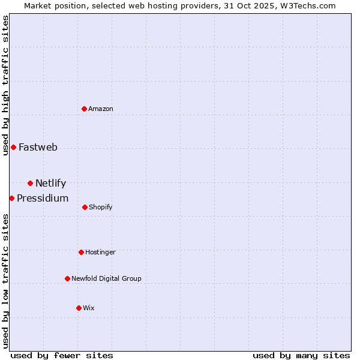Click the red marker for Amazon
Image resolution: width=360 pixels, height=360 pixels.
pyautogui.click(x=85, y=109)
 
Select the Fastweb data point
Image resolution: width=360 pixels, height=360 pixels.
pyautogui.click(x=13, y=147)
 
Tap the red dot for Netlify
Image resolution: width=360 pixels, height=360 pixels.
pyautogui.click(x=30, y=183)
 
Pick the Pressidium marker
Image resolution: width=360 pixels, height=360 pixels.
pyautogui.click(x=11, y=198)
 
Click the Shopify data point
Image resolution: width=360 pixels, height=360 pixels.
pyautogui.click(x=85, y=207)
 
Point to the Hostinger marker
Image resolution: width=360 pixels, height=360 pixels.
pyautogui.click(x=81, y=252)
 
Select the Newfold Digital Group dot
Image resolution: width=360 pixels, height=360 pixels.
pyautogui.click(x=67, y=278)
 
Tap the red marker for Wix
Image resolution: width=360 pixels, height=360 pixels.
pyautogui.click(x=79, y=308)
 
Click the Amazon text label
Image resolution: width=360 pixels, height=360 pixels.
pyautogui.click(x=101, y=109)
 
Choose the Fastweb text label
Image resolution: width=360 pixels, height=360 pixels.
pyautogui.click(x=38, y=147)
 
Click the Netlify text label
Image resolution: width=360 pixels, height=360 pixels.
pyautogui.click(x=50, y=183)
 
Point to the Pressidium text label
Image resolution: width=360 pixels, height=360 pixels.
pyautogui.click(x=43, y=198)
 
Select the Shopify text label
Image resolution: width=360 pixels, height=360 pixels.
pyautogui.click(x=101, y=207)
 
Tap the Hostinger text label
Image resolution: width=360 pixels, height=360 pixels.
pyautogui.click(x=100, y=252)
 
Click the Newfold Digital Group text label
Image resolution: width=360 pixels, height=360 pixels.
pyautogui.click(x=106, y=278)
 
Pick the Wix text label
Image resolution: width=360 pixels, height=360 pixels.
pyautogui.click(x=89, y=308)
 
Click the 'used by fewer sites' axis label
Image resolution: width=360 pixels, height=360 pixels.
pyautogui.click(x=62, y=355)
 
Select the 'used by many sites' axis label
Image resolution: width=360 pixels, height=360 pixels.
pyautogui.click(x=301, y=355)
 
